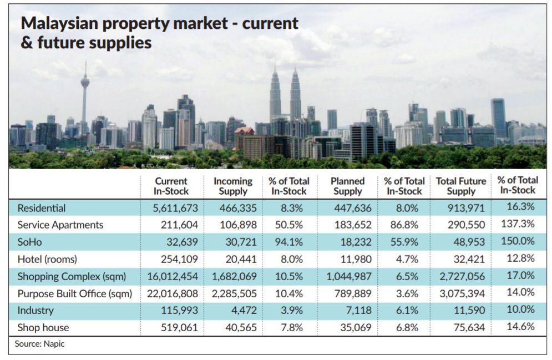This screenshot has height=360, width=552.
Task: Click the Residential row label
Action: (x=42, y=208)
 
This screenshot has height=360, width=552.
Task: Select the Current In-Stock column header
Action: (x=171, y=186)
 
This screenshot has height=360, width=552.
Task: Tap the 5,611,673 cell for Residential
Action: (x=171, y=208)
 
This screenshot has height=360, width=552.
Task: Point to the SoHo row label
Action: (x=29, y=242)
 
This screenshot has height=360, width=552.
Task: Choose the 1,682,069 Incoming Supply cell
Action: (x=235, y=276)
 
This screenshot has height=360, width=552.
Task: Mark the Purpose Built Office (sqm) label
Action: (x=75, y=293)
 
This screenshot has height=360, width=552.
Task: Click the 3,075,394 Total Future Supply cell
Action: (x=462, y=293)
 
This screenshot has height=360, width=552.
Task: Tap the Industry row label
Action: (x=35, y=311)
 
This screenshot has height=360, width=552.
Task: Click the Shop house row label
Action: (x=43, y=328)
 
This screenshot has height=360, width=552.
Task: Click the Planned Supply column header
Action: (x=348, y=186)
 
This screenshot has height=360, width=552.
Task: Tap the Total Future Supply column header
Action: (x=461, y=186)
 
